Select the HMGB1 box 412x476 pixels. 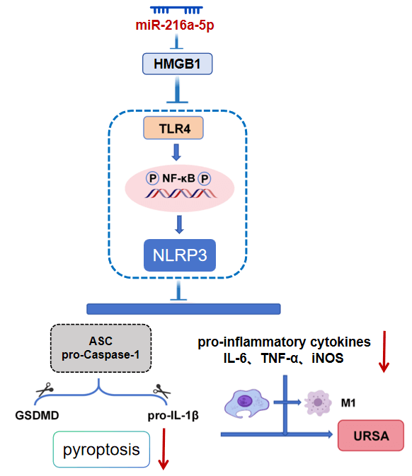tap(178, 65)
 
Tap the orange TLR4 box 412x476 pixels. tap(178, 128)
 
